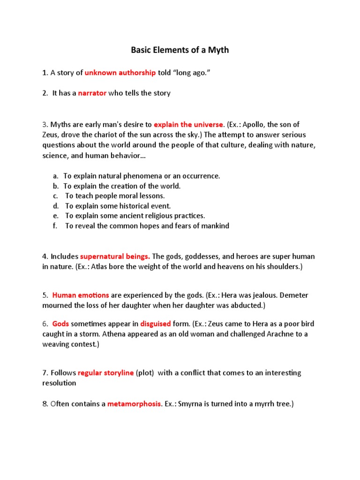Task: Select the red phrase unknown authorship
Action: tap(120, 73)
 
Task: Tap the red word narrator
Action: tap(92, 93)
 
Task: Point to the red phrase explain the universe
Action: tap(188, 125)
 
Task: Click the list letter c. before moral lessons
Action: tap(55, 196)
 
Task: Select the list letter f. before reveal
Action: tap(55, 226)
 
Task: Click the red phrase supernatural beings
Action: tap(115, 256)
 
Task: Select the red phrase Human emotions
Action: tap(81, 295)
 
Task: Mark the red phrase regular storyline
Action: tap(105, 373)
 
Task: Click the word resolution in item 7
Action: tap(59, 383)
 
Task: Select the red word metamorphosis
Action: tap(135, 404)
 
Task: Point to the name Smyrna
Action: tap(188, 404)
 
